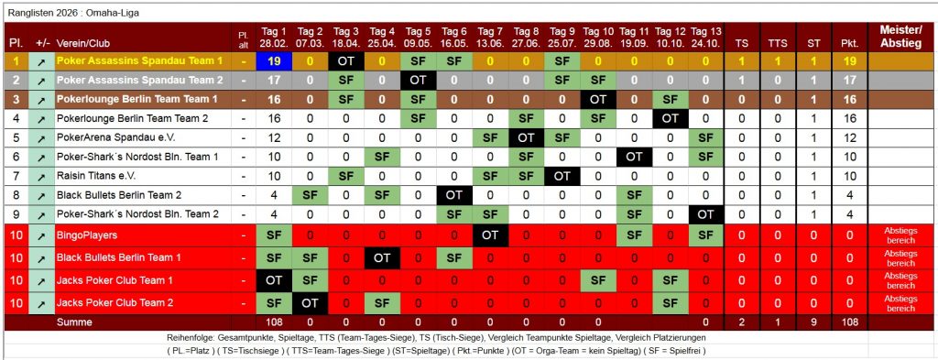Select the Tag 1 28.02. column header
[274, 37]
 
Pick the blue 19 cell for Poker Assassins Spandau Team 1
[274, 60]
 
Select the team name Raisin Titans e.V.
[95, 175]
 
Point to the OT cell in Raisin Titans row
[562, 175]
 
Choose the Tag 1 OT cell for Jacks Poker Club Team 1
[274, 280]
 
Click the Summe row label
[74, 322]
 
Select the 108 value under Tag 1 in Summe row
[274, 322]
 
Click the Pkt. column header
[849, 43]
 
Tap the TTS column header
[777, 43]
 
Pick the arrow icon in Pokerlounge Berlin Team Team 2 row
[41, 118]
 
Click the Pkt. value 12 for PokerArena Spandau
[849, 137]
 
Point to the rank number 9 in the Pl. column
[16, 214]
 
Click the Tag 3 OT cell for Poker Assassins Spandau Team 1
[346, 60]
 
